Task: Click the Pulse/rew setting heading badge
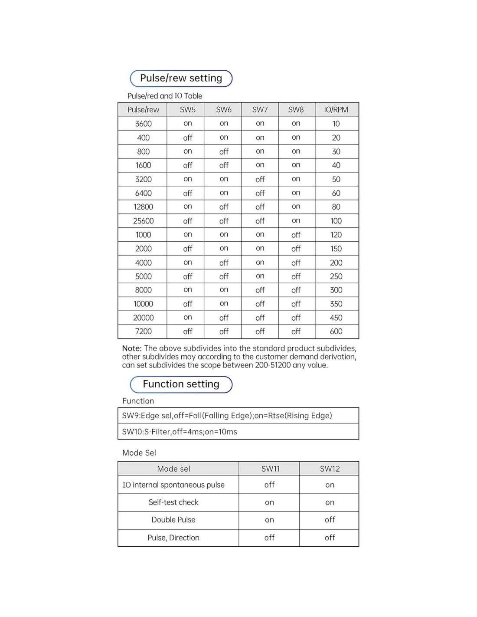(x=181, y=79)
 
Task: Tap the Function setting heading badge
(x=181, y=384)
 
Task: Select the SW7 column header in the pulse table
(x=260, y=110)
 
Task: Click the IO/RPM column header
(x=336, y=110)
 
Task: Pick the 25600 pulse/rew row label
(x=143, y=221)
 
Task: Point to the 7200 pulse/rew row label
(x=143, y=331)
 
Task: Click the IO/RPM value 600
(x=336, y=331)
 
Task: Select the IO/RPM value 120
(x=336, y=235)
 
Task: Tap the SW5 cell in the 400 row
(x=187, y=138)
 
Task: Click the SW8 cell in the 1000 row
(x=296, y=235)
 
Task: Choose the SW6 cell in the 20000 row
(x=224, y=318)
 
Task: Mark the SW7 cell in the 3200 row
(x=260, y=179)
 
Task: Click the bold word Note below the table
(x=132, y=348)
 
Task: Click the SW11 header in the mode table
(x=270, y=469)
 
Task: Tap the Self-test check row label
(x=173, y=502)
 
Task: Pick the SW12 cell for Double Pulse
(x=330, y=520)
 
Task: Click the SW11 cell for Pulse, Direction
(x=269, y=538)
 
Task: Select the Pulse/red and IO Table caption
(x=165, y=96)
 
